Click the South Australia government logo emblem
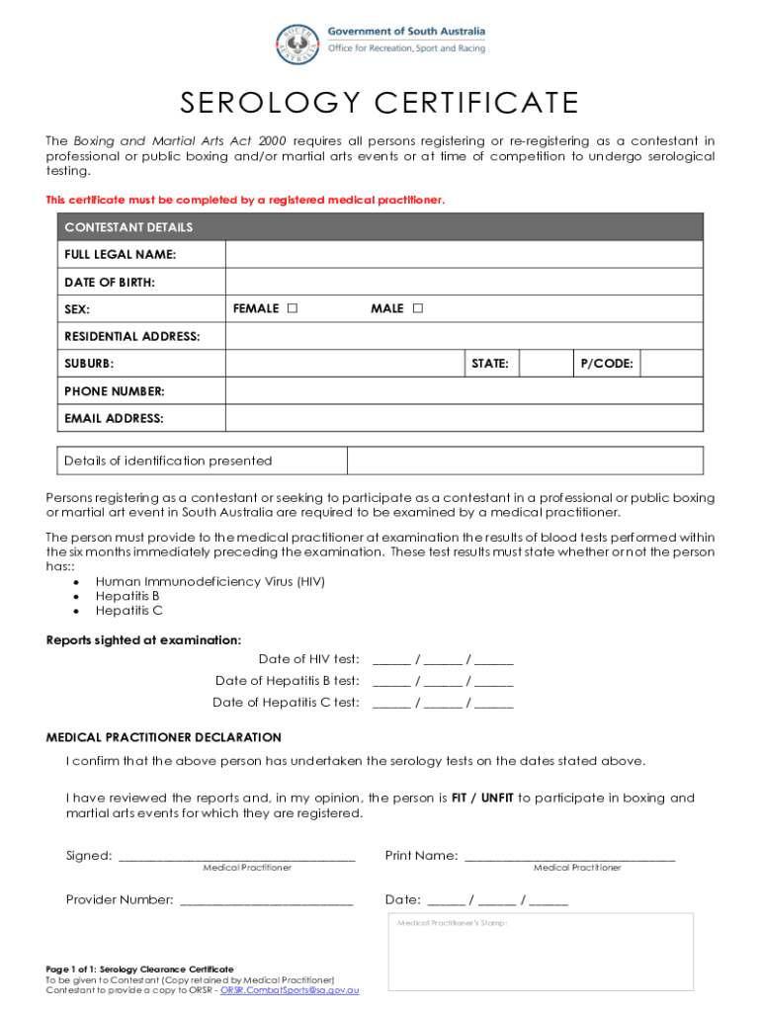click(x=297, y=42)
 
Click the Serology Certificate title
click(x=380, y=103)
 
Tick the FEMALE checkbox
click(x=292, y=309)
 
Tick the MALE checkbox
click(x=417, y=309)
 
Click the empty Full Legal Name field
click(x=464, y=255)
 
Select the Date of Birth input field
click(x=464, y=283)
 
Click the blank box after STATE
click(x=546, y=364)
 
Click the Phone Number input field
click(x=464, y=391)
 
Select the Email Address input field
click(x=464, y=418)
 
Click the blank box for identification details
click(x=524, y=461)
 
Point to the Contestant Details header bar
click(x=380, y=227)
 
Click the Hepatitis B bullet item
click(x=127, y=596)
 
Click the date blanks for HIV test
click(x=443, y=659)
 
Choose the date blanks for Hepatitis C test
click(x=443, y=703)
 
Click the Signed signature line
click(x=236, y=855)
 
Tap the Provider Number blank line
click(x=266, y=899)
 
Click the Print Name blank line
click(x=569, y=855)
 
